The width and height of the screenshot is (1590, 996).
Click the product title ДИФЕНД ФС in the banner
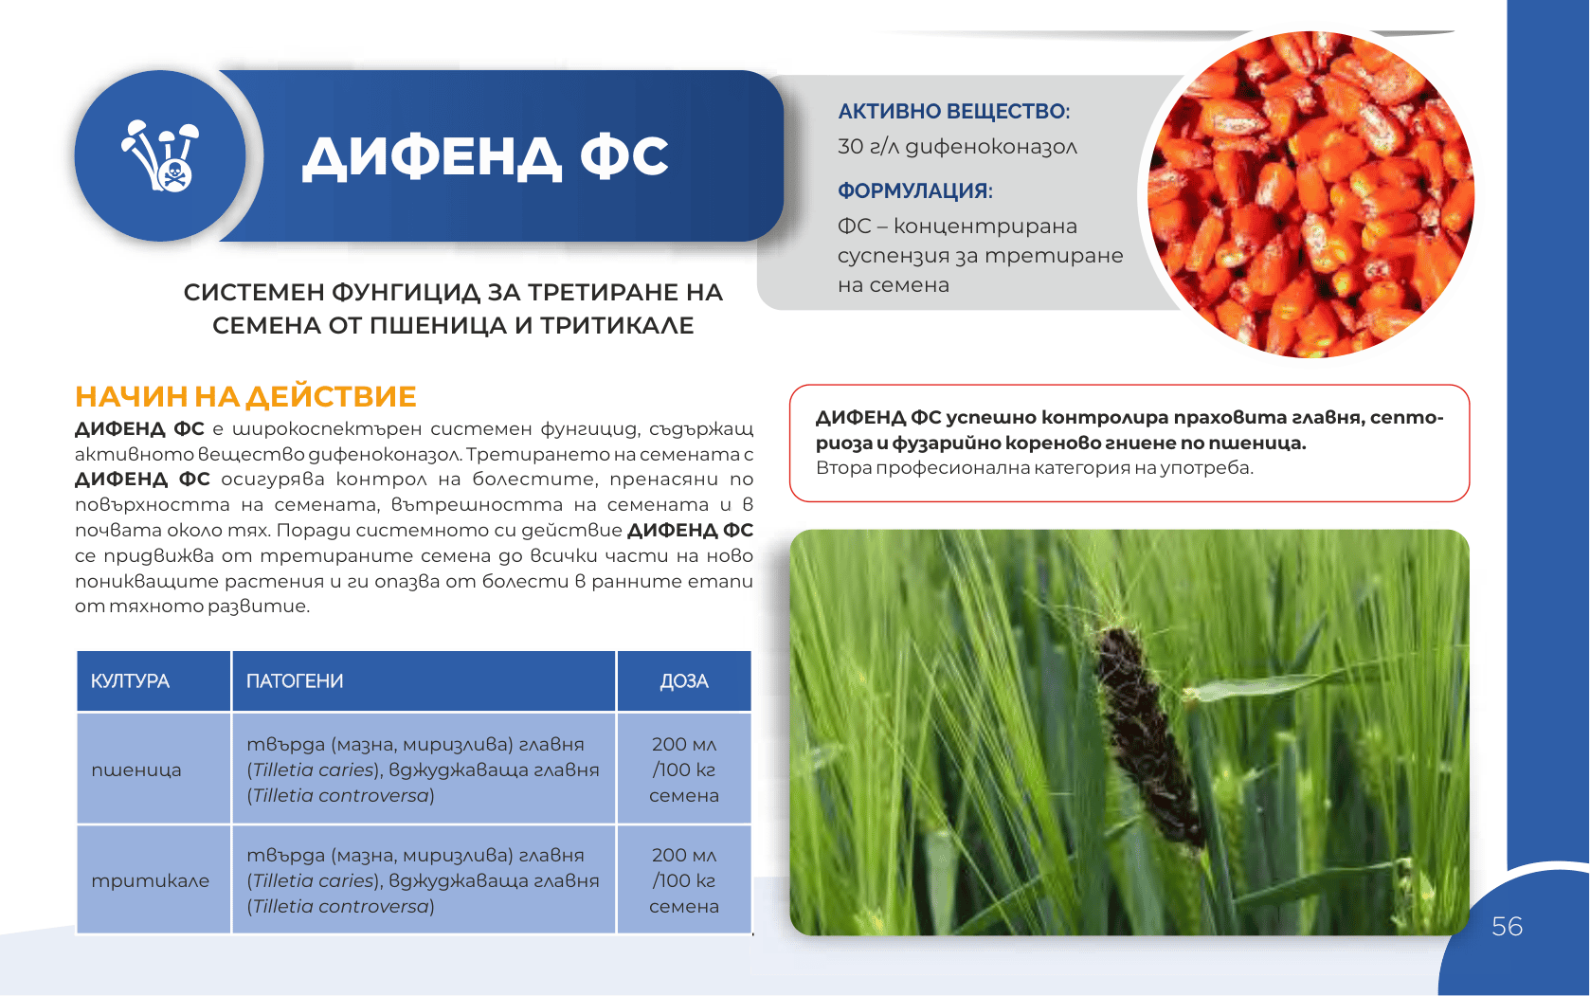(x=485, y=157)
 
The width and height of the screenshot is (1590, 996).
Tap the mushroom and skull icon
(x=160, y=155)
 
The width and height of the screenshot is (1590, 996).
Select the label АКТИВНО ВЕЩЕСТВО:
(x=953, y=112)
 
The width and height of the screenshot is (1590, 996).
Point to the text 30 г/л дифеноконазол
(x=957, y=147)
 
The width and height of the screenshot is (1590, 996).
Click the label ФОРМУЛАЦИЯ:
(x=915, y=191)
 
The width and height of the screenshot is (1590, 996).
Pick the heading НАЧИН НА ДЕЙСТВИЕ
(x=245, y=397)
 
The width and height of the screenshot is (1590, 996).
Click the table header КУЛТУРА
(x=130, y=681)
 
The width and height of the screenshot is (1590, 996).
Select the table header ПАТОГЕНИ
(x=295, y=681)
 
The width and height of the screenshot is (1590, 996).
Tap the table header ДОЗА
(x=684, y=681)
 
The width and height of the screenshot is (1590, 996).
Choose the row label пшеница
(x=136, y=770)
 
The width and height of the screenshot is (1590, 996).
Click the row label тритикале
(x=151, y=881)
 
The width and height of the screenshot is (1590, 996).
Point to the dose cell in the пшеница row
(x=684, y=770)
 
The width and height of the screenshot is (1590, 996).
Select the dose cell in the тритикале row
(x=684, y=880)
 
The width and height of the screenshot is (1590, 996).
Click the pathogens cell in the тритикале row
(x=423, y=880)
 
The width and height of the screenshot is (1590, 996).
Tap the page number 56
(x=1507, y=927)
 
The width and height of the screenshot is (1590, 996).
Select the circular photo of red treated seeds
(x=1311, y=194)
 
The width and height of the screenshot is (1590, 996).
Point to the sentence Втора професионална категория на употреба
(x=1034, y=468)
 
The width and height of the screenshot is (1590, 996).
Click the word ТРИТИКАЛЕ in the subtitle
(x=617, y=325)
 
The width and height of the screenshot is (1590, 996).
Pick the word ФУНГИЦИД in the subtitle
(x=406, y=293)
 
